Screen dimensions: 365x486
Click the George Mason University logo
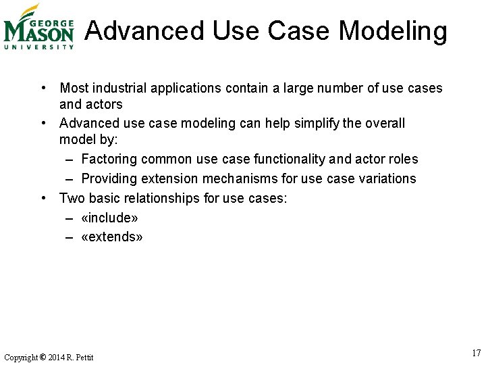[x=38, y=27]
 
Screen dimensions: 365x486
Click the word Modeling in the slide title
[x=392, y=31]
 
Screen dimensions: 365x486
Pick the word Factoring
[x=109, y=159]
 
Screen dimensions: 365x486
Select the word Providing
[x=109, y=178]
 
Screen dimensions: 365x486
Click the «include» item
[x=109, y=218]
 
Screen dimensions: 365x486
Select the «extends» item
[x=111, y=237]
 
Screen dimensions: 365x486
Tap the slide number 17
[x=477, y=353]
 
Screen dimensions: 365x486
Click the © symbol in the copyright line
[x=43, y=357]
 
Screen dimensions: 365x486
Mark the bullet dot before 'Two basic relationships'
[x=43, y=198]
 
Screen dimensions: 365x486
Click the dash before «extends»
[x=70, y=237]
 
